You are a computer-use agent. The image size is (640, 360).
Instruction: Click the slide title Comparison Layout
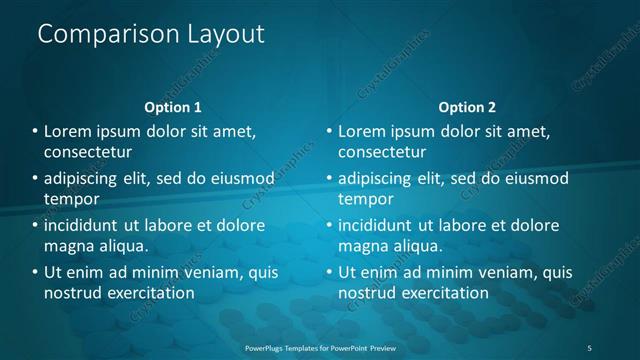tap(150, 34)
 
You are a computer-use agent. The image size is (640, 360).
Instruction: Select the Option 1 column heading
tap(173, 107)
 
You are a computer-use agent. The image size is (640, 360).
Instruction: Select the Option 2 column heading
tap(467, 107)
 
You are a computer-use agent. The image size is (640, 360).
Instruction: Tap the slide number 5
tap(590, 347)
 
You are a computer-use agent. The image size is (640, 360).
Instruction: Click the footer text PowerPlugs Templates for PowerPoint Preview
tap(320, 347)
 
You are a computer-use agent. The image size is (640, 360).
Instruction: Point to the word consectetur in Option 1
tap(88, 152)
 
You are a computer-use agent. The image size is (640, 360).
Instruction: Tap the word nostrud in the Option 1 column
tap(70, 293)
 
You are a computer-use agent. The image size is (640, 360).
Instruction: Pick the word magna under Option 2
tap(361, 246)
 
